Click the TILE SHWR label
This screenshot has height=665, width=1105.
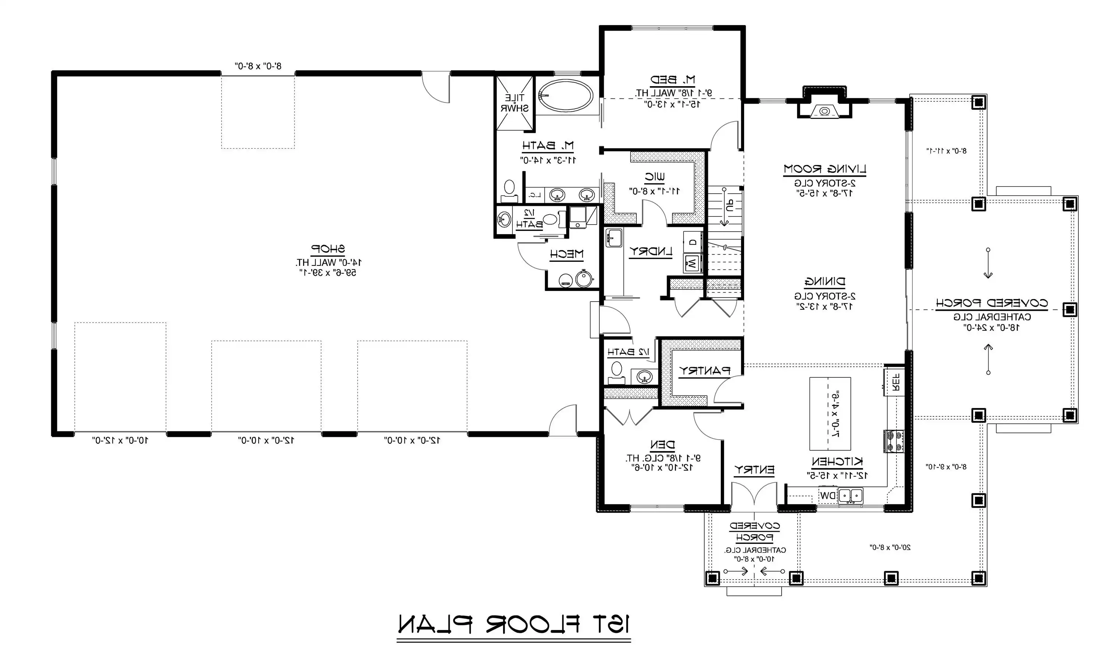pos(514,103)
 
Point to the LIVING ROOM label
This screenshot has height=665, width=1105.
pos(824,169)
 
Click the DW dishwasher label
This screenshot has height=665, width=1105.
pos(828,496)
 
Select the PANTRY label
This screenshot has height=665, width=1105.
pos(704,370)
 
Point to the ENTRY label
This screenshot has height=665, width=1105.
pos(754,470)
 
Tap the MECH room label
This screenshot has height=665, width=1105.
pos(566,254)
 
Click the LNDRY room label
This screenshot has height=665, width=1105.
pos(651,252)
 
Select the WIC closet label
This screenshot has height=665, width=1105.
pos(655,177)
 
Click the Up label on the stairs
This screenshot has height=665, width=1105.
pos(730,206)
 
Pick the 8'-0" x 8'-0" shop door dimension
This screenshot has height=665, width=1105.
pos(258,66)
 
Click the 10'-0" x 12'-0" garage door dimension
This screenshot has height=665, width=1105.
pos(120,440)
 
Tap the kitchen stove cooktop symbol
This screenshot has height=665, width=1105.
pos(894,441)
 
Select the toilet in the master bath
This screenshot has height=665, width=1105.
pos(509,190)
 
